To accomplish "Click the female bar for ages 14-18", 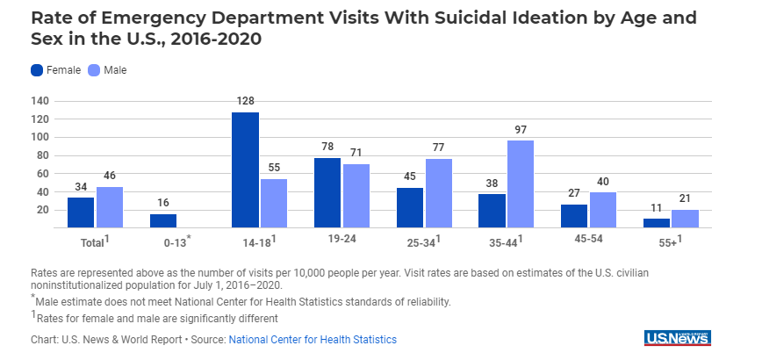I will (x=246, y=170).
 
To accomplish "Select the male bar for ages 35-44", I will (x=521, y=184).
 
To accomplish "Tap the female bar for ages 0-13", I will (x=163, y=220).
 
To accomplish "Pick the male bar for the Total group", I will (x=110, y=207).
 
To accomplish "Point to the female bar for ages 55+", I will (x=657, y=223).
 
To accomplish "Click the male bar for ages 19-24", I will (x=356, y=196).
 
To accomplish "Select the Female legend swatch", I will (x=37, y=70).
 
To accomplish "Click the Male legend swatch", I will (x=94, y=70).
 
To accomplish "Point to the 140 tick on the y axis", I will (x=40, y=101).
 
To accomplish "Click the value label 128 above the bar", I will (x=246, y=103).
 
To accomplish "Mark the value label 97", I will (x=521, y=131).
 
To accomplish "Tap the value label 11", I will (x=657, y=209).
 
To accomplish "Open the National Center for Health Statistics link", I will (x=313, y=340).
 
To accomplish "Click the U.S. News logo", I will (x=677, y=338).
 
